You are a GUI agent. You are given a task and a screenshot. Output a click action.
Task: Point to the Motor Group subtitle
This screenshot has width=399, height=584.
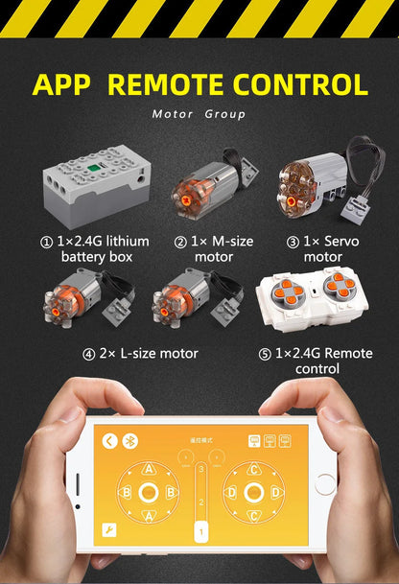click(199, 114)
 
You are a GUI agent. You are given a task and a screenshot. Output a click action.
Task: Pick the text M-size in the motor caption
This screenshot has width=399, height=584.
click(223, 242)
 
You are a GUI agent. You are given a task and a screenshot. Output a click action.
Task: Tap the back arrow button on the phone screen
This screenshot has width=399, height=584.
click(110, 441)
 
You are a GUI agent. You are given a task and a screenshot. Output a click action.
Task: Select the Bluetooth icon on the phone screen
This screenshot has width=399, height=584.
click(132, 441)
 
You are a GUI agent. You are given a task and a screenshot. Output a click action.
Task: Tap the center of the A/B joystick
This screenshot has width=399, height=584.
click(149, 493)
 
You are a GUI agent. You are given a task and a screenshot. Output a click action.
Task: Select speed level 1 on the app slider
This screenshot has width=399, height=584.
click(201, 530)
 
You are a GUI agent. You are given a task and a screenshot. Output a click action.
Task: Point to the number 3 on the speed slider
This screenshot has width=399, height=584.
click(201, 471)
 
